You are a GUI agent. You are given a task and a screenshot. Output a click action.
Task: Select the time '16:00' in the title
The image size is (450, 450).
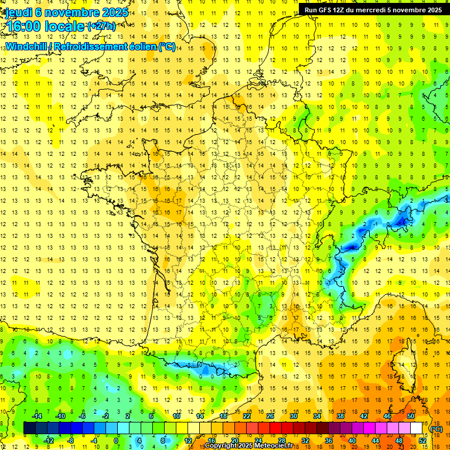[x=21, y=26]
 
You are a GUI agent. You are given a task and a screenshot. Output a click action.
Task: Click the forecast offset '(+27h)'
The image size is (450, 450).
[x=101, y=26]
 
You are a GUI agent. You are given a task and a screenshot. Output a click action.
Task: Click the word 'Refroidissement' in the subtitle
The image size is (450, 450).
[x=91, y=46]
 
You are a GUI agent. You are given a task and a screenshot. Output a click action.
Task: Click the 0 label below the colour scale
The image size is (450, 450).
[x=116, y=441]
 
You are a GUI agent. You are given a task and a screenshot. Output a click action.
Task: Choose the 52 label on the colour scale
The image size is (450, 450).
[x=423, y=441]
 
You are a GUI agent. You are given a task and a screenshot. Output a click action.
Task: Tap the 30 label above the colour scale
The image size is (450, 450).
[x=294, y=416]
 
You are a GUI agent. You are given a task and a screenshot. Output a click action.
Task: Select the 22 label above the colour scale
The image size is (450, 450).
[x=247, y=416]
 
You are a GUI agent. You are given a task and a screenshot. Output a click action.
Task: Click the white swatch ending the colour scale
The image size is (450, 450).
[x=417, y=428]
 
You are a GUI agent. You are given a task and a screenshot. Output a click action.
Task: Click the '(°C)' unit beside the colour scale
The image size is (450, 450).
[x=437, y=429]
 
